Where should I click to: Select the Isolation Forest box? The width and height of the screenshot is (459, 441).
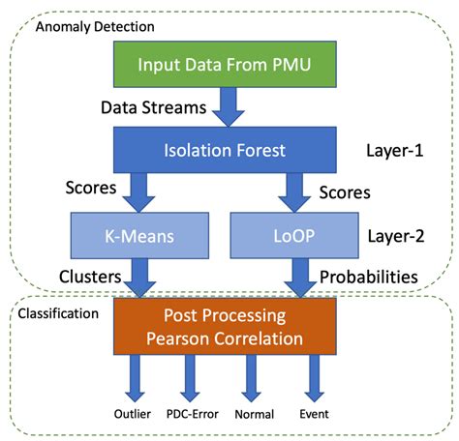pos(226,150)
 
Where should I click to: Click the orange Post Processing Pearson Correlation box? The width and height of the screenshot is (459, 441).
pos(226,328)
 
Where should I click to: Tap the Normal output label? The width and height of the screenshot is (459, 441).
pos(255,414)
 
